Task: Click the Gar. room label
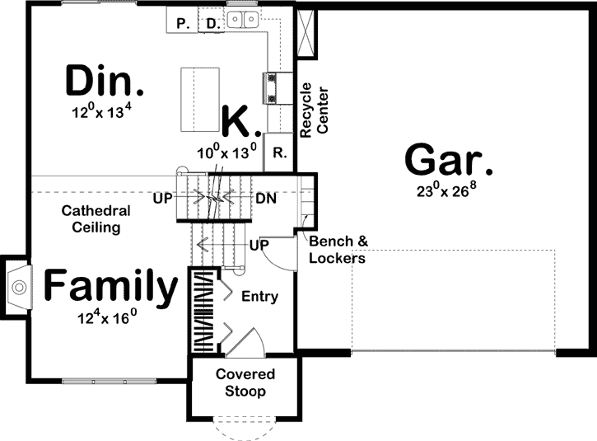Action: (x=449, y=158)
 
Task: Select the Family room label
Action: (x=110, y=287)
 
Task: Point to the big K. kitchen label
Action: (x=241, y=121)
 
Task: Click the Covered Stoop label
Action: (x=245, y=382)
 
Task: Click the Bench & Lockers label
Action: (x=338, y=250)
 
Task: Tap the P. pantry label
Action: (x=183, y=24)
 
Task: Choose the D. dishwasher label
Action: (x=212, y=24)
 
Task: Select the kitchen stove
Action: (x=271, y=87)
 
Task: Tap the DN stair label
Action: (x=265, y=199)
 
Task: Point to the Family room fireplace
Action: (x=18, y=286)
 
